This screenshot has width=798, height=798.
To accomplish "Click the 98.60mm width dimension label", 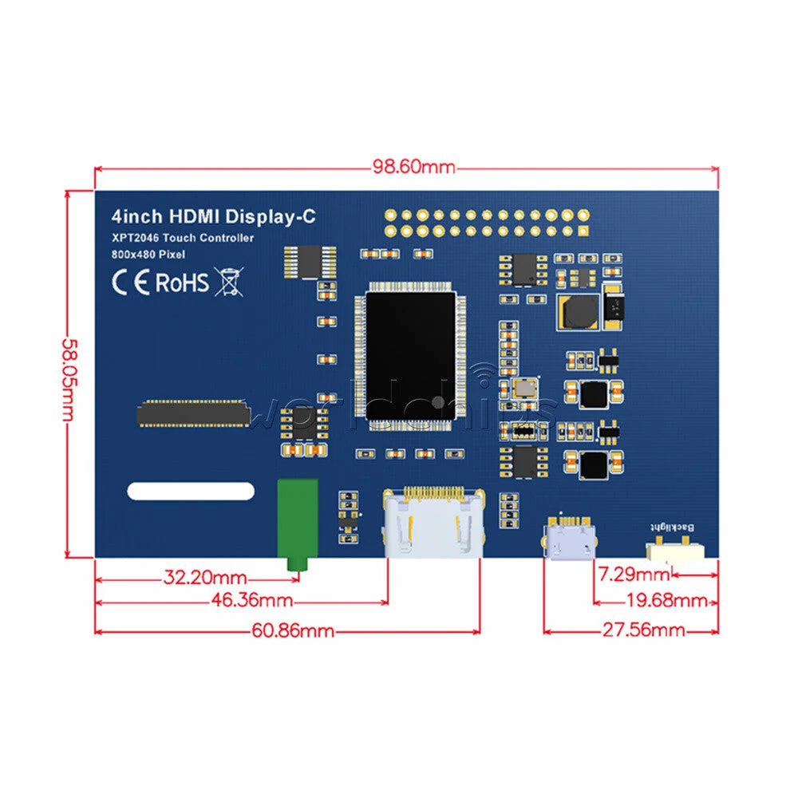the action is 413,167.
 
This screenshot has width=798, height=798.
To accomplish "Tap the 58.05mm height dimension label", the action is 68,380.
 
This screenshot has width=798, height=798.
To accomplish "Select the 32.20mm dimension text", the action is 205,578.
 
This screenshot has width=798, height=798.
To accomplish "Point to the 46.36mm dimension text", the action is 252,601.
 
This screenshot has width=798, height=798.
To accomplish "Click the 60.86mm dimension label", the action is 293,631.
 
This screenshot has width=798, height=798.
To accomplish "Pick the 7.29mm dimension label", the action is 634,575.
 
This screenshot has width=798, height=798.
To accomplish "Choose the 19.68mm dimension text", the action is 666,601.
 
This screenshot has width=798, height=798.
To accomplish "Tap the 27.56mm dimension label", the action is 644,630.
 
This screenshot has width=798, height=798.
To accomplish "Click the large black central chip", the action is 410,356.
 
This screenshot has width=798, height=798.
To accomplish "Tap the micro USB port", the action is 570,538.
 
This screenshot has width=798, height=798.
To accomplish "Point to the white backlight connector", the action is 675,551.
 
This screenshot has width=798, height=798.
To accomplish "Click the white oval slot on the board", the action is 191,491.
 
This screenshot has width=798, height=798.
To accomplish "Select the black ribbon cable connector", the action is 193,413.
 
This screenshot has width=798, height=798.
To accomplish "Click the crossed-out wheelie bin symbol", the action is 229,282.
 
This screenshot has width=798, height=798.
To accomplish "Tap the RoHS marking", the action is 182,282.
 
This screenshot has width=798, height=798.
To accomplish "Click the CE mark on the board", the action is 131,282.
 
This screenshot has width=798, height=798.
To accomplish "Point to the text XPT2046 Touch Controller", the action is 183,238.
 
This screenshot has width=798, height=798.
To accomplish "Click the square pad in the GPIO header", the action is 584,231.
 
